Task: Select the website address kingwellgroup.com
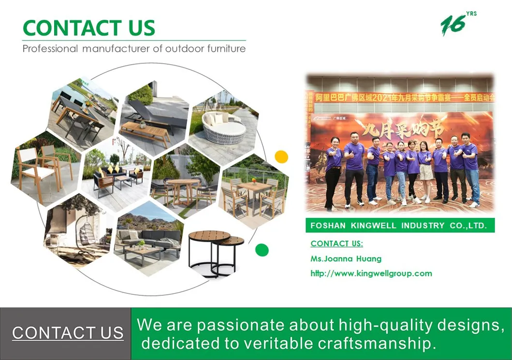(x=371, y=274)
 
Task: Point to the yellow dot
(x=281, y=157)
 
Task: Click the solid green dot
(x=262, y=250)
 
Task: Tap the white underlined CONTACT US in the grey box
(x=68, y=333)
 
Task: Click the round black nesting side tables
(x=216, y=251)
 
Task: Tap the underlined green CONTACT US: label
(x=336, y=244)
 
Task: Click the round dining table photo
(x=185, y=185)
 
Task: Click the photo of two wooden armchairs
(x=44, y=167)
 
